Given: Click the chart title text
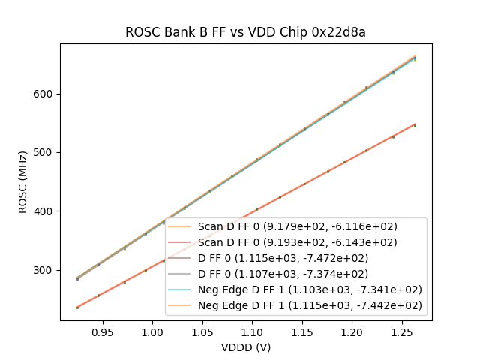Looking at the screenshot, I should pyautogui.click(x=245, y=32).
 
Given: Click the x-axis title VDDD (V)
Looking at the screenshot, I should pyautogui.click(x=245, y=347).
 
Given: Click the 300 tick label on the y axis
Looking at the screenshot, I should pyautogui.click(x=43, y=270).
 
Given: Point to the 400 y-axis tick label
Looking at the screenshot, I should pyautogui.click(x=43, y=211).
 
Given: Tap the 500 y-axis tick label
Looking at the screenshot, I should pyautogui.click(x=43, y=153).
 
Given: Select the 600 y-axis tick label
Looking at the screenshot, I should pyautogui.click(x=43, y=94).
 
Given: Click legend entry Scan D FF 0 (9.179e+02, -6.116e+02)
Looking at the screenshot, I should pyautogui.click(x=298, y=226).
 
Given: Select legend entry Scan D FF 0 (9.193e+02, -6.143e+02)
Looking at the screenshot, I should pyautogui.click(x=298, y=242).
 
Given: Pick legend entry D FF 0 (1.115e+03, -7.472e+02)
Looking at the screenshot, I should pyautogui.click(x=298, y=258).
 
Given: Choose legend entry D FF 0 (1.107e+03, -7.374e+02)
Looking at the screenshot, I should pyautogui.click(x=298, y=274).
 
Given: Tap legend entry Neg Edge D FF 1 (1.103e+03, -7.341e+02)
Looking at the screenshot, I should pyautogui.click(x=310, y=289).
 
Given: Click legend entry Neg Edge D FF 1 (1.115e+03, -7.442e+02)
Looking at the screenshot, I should pyautogui.click(x=310, y=305).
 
